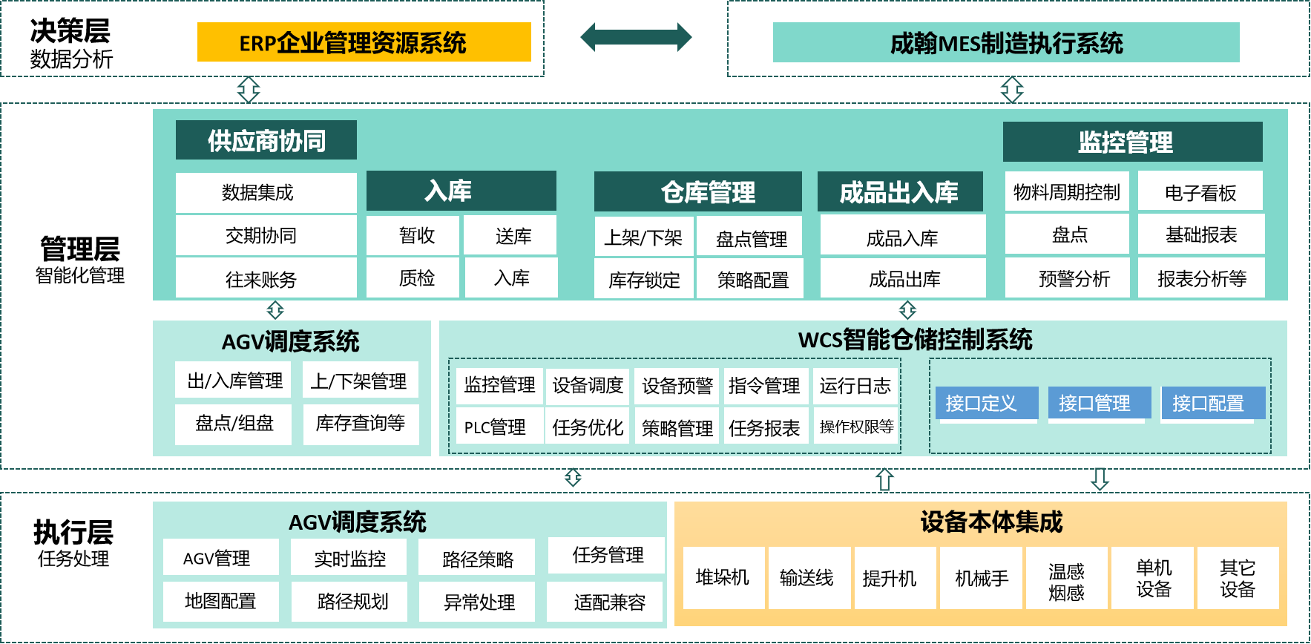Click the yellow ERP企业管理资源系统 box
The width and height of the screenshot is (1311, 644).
364,42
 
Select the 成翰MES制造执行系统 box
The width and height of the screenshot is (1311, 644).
1005,43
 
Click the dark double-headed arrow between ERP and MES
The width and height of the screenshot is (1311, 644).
636,37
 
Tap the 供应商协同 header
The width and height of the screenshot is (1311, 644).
266,140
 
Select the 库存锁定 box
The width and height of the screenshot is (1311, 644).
643,280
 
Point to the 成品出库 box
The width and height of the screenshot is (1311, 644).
903,279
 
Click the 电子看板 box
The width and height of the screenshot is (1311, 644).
1200,192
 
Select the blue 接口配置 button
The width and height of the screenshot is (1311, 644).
1208,404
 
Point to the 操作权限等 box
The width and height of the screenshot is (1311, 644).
856,427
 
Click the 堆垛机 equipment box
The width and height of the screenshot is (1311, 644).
723,578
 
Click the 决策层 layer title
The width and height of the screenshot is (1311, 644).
70,30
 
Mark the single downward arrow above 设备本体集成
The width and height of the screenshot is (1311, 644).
1100,479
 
